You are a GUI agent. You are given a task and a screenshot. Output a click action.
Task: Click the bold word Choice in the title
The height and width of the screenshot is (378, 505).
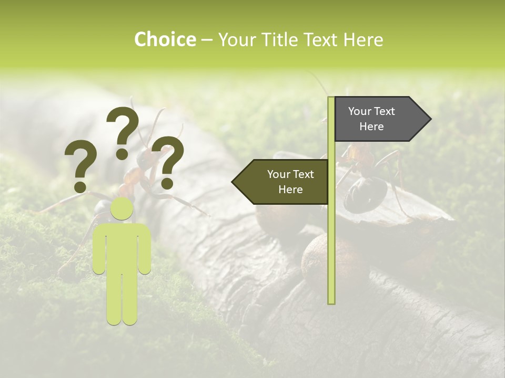coord(165,40)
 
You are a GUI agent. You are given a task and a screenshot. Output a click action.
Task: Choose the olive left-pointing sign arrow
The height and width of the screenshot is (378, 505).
coord(281,182)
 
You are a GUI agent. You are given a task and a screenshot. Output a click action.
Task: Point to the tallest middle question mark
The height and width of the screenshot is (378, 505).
coord(123,126)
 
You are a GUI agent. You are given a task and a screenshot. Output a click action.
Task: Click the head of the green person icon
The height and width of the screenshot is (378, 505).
coord(122,208)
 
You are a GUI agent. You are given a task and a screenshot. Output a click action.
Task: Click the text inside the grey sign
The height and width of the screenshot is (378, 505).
coord(371,119)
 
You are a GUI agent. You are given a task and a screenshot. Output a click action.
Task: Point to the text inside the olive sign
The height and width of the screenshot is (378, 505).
coord(290,182)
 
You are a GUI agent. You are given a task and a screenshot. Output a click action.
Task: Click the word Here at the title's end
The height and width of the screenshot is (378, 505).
coord(363,40)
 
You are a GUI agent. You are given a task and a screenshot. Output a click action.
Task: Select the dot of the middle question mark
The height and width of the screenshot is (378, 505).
coord(122,154)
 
